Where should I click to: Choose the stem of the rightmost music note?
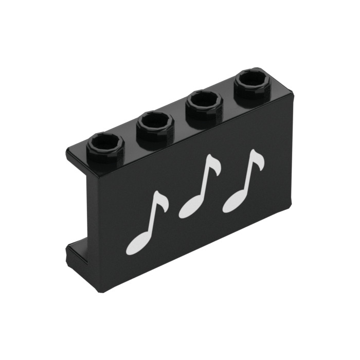[248, 175]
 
